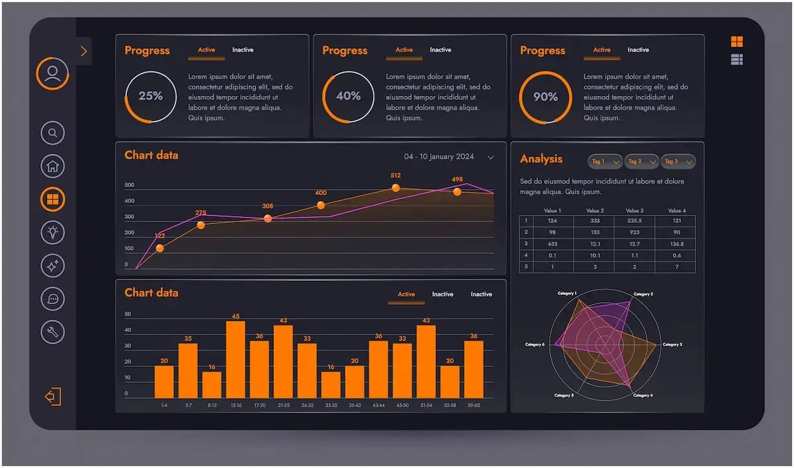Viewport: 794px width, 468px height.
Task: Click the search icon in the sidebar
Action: click(x=53, y=133)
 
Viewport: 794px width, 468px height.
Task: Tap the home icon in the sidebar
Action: click(x=53, y=166)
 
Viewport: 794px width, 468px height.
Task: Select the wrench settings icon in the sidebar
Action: click(x=53, y=331)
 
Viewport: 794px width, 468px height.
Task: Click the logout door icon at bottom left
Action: click(x=53, y=397)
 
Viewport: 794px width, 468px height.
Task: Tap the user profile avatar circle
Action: click(x=53, y=73)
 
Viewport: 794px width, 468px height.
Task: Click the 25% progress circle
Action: click(x=151, y=97)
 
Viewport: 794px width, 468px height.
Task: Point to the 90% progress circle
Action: click(x=545, y=97)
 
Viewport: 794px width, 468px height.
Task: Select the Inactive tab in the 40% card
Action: click(x=441, y=50)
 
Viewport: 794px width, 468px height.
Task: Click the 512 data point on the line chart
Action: click(x=396, y=188)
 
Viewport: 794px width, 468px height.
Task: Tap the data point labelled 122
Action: click(x=159, y=249)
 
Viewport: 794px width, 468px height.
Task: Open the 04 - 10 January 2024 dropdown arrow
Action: click(x=490, y=157)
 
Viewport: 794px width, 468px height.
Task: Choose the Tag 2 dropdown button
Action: click(x=641, y=161)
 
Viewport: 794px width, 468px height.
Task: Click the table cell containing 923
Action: click(x=635, y=232)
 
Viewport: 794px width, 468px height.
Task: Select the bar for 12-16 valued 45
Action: click(x=236, y=360)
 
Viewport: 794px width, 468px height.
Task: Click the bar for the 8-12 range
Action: click(x=212, y=385)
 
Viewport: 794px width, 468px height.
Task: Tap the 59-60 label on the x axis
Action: click(x=474, y=405)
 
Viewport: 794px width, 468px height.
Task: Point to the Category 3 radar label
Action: click(x=672, y=344)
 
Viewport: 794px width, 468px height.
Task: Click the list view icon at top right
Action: click(x=736, y=59)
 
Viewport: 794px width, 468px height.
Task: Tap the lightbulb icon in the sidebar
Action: click(x=53, y=232)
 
